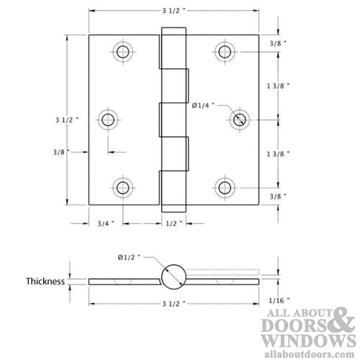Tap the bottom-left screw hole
pyautogui.click(x=123, y=187)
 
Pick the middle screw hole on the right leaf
pyautogui.click(x=238, y=120)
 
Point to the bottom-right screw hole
pyautogui.click(x=225, y=187)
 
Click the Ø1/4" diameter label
pyautogui.click(x=204, y=106)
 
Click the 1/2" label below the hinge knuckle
pyautogui.click(x=173, y=223)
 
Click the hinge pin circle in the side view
pyautogui.click(x=174, y=276)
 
